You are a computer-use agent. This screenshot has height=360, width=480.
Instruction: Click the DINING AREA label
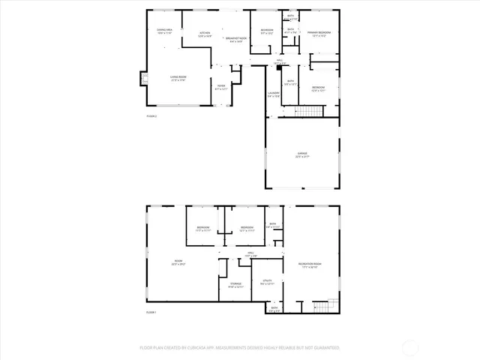pyautogui.click(x=164, y=31)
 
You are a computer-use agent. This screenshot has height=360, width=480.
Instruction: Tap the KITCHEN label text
pyautogui.click(x=205, y=34)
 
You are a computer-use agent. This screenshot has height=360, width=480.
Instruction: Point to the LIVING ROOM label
pyautogui.click(x=178, y=77)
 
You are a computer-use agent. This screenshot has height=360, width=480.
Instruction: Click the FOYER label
pyautogui.click(x=221, y=88)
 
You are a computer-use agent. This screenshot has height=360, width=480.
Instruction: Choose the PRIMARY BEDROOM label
pyautogui.click(x=319, y=34)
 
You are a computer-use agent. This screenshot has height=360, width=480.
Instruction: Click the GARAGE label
pyautogui.click(x=302, y=155)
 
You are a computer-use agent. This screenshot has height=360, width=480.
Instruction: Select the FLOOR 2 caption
pyautogui.click(x=151, y=116)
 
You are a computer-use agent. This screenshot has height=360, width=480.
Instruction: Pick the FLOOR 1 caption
pyautogui.click(x=151, y=311)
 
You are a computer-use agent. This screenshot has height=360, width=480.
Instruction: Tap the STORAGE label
pyautogui.click(x=235, y=285)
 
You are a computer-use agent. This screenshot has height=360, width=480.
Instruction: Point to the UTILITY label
pyautogui.click(x=267, y=282)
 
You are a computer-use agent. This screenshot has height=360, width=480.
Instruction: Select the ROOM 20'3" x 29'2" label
pyautogui.click(x=178, y=262)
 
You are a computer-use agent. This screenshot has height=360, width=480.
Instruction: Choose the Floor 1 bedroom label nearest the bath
pyautogui.click(x=247, y=229)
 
